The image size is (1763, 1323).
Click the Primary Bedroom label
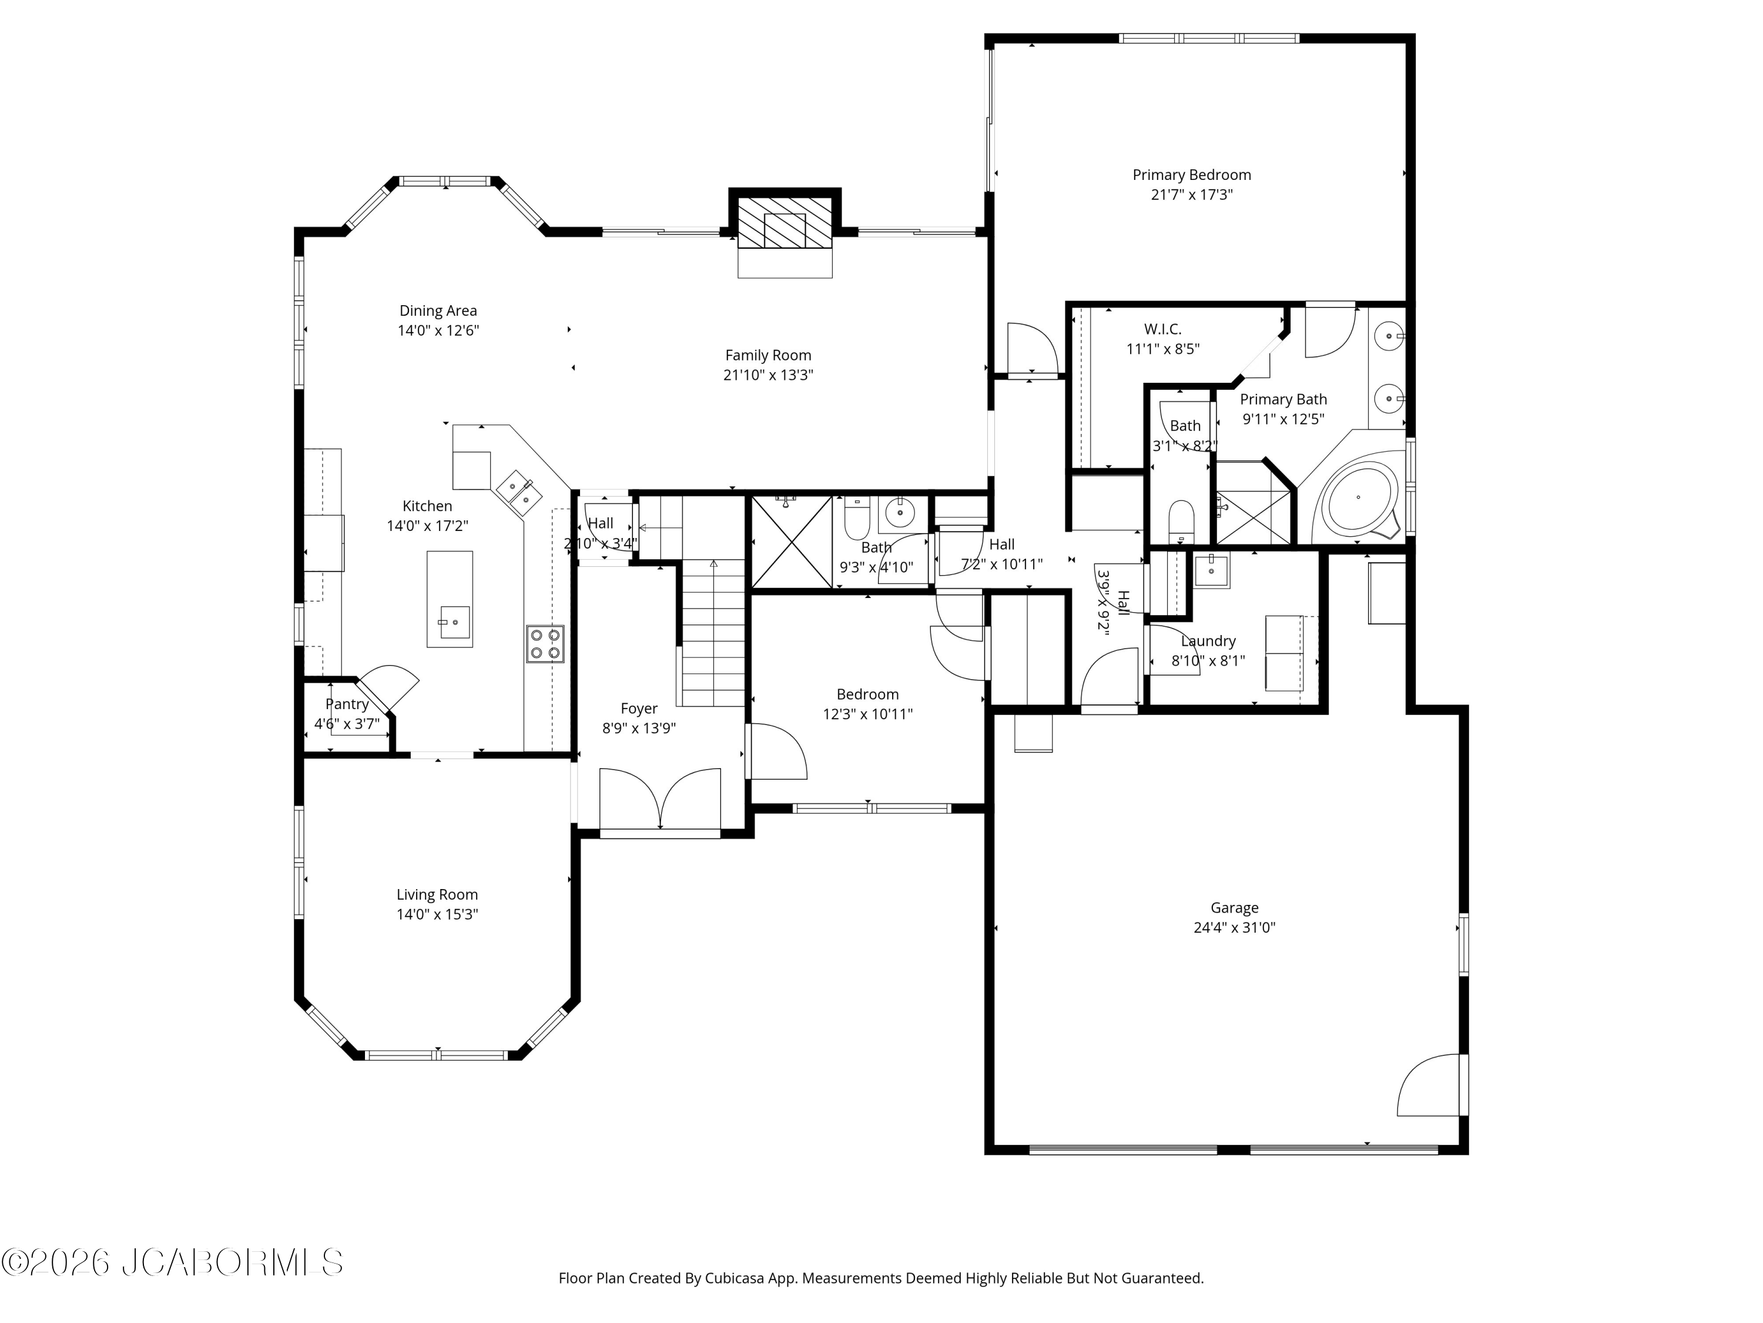(x=1192, y=175)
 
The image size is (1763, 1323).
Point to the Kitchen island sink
(x=454, y=622)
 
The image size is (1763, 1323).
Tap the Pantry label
(x=347, y=704)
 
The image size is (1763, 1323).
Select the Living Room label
(x=437, y=895)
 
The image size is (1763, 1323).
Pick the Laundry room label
(x=1208, y=641)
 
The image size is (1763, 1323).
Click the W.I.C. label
(x=1163, y=329)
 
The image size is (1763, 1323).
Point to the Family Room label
(x=768, y=356)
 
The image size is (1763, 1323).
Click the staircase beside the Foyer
(x=712, y=632)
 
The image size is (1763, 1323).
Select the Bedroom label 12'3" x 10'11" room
(x=868, y=694)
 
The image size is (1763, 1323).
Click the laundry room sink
(x=1211, y=569)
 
